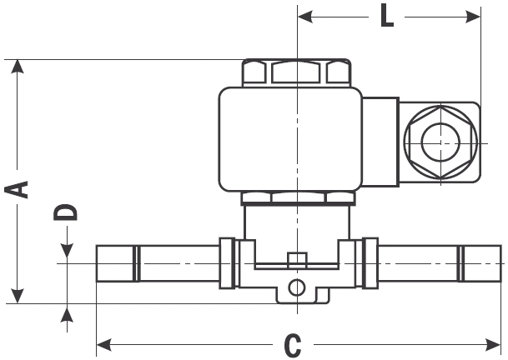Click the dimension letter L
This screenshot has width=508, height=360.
(387, 16)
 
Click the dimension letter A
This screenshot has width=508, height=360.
(18, 187)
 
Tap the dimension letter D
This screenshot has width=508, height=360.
(67, 212)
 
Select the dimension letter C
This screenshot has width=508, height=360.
(293, 344)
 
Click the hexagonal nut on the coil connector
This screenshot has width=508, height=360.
(440, 143)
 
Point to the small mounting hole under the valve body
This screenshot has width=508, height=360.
(295, 288)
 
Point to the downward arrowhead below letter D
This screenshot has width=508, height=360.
(67, 252)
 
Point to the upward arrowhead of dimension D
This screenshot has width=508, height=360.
(67, 312)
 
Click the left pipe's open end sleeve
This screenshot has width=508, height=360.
(117, 263)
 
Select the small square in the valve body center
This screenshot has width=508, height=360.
(293, 258)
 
